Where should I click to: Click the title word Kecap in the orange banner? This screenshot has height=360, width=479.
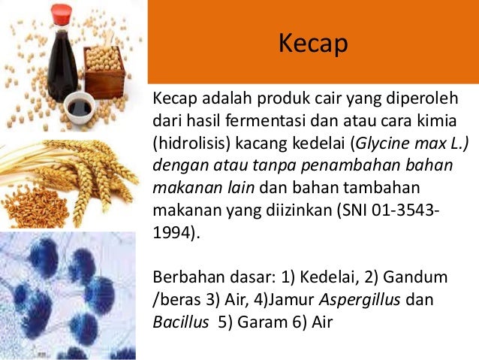314,44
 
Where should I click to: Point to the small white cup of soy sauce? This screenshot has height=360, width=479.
77,109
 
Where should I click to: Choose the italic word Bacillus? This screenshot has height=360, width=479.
176,320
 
